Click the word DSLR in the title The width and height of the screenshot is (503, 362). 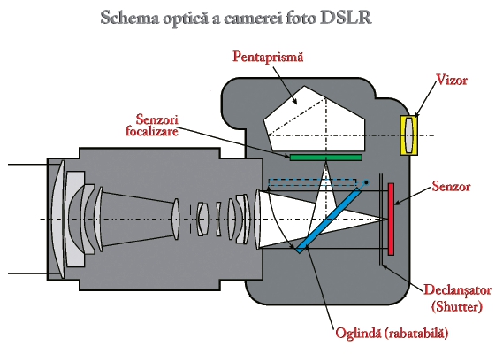(x=346, y=18)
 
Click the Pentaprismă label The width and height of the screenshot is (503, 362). (x=268, y=58)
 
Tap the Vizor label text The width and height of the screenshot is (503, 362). (x=452, y=80)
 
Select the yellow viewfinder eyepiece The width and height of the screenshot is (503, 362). (x=408, y=135)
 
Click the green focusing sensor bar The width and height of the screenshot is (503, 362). (x=326, y=157)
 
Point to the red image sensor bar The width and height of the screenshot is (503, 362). (x=391, y=220)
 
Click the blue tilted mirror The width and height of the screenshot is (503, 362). (x=328, y=220)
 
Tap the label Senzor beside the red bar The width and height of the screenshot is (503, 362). (x=451, y=186)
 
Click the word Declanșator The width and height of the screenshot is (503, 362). (x=457, y=290)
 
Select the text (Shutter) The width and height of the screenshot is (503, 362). (x=457, y=306)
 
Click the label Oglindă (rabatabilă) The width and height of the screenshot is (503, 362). (x=392, y=333)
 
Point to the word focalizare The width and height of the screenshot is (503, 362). (x=152, y=131)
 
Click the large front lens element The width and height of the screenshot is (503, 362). (x=58, y=220)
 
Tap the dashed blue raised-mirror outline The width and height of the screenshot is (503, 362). (x=312, y=182)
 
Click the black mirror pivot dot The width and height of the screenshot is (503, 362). (x=366, y=182)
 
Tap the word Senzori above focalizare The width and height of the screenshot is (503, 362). (x=156, y=119)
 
